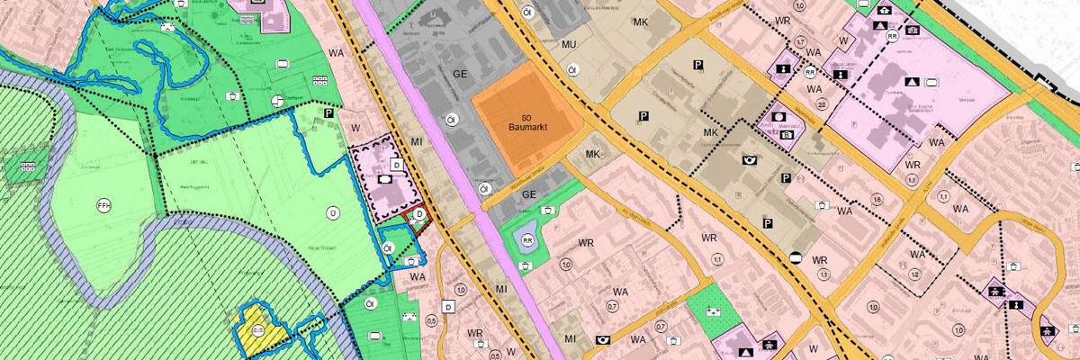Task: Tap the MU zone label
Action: click(x=568, y=45)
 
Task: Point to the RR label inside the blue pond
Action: click(x=527, y=240)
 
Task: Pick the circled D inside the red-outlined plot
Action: click(x=418, y=214)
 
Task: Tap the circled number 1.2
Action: click(x=913, y=273)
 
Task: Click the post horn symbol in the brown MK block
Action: click(x=749, y=160)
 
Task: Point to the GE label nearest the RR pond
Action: click(x=529, y=194)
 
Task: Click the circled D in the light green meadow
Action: click(x=332, y=212)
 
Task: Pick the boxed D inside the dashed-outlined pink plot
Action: click(x=395, y=165)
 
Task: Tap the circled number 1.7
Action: click(x=800, y=42)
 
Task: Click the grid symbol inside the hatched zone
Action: click(x=28, y=166)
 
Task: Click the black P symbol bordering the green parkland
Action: click(x=328, y=113)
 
